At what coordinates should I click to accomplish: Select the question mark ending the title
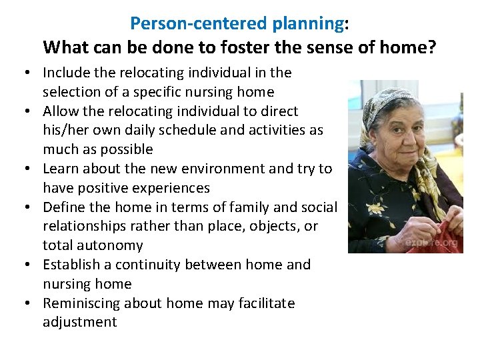pyautogui.click(x=431, y=48)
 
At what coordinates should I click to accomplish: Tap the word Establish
pyautogui.click(x=71, y=265)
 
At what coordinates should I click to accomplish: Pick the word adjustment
pyautogui.click(x=80, y=323)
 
